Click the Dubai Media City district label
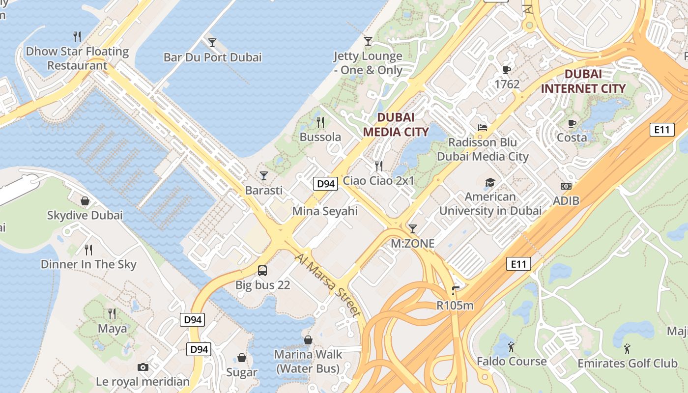pyautogui.click(x=396, y=124)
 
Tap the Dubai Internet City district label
pyautogui.click(x=583, y=82)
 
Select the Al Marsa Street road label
pyautogui.click(x=328, y=285)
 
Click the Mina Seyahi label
pyautogui.click(x=325, y=211)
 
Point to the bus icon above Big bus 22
pyautogui.click(x=262, y=270)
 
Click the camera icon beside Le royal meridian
pyautogui.click(x=143, y=367)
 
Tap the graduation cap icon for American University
pyautogui.click(x=490, y=183)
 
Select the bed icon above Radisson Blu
pyautogui.click(x=483, y=128)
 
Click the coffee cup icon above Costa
pyautogui.click(x=572, y=123)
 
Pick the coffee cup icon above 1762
pyautogui.click(x=507, y=70)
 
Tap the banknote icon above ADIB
pyautogui.click(x=566, y=186)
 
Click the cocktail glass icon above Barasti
pyautogui.click(x=264, y=175)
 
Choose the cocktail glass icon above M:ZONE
pyautogui.click(x=413, y=228)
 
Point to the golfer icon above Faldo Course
pyautogui.click(x=511, y=346)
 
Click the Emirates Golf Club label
pyautogui.click(x=627, y=364)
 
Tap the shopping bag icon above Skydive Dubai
pyautogui.click(x=85, y=201)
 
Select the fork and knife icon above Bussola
pyautogui.click(x=320, y=122)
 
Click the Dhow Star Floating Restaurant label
pyautogui.click(x=77, y=58)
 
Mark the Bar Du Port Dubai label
pyautogui.click(x=212, y=57)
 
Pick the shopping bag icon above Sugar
pyautogui.click(x=242, y=358)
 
